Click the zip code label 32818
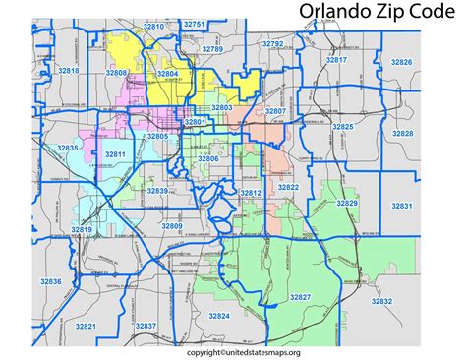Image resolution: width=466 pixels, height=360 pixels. coord(68,72)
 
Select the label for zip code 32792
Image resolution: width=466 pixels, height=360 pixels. coord(272,44)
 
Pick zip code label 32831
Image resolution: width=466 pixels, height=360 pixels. coord(401,205)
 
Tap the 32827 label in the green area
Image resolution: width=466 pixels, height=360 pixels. coord(300,297)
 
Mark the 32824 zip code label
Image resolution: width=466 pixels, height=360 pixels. coord(219,316)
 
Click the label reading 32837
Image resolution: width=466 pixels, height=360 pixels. coord(146,326)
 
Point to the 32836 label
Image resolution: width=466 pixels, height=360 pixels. coord(51,282)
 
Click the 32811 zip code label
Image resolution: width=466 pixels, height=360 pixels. coord(116,155)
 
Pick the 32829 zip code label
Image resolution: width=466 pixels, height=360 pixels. coord(347,203)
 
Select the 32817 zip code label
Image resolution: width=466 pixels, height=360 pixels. coord(336,60)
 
